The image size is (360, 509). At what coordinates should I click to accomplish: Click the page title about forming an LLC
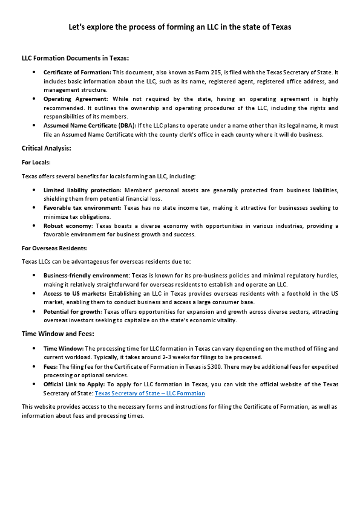click(x=180, y=27)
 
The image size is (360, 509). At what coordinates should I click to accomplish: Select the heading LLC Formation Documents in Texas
click(x=75, y=58)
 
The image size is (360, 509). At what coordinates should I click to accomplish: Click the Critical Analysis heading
click(x=46, y=148)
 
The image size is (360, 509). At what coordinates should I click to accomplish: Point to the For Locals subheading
click(x=36, y=162)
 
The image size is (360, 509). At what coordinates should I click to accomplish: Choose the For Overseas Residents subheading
click(x=54, y=248)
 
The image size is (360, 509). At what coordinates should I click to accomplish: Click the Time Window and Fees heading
click(x=57, y=334)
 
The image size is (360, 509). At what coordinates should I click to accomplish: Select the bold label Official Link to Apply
click(x=74, y=384)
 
